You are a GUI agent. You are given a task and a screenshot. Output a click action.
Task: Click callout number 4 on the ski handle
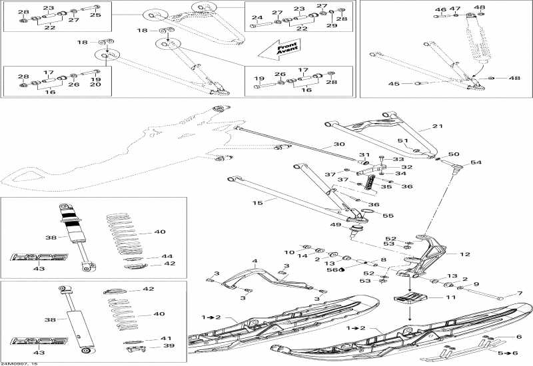pos(254,261)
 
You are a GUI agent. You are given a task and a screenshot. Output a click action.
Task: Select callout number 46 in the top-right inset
pos(440,10)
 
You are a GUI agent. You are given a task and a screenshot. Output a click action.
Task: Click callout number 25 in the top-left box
pos(95,15)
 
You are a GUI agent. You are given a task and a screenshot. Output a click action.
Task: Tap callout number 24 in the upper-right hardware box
pos(257,17)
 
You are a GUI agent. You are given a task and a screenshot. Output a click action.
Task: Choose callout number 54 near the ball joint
pos(475,162)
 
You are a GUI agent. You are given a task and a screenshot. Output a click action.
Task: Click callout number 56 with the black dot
pos(330,270)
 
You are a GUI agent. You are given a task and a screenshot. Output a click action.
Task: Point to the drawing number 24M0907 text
pos(19,363)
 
